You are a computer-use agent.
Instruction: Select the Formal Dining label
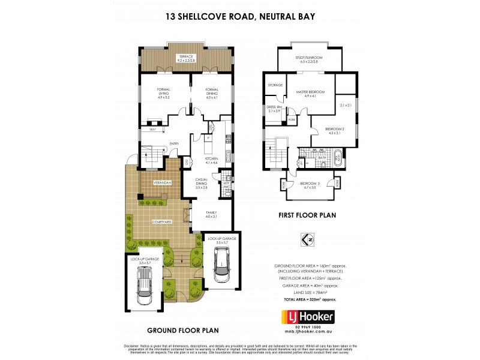[x=211, y=93]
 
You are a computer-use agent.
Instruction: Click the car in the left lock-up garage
[x=145, y=286]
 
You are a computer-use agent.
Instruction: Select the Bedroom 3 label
[x=310, y=185]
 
